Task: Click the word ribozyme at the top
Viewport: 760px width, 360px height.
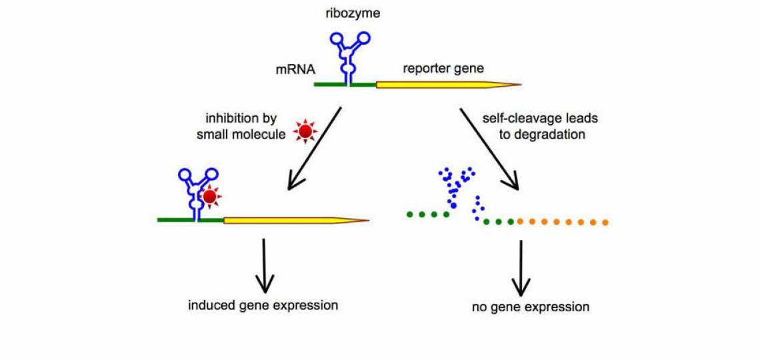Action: click(357, 13)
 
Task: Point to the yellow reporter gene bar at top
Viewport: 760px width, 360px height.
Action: click(440, 85)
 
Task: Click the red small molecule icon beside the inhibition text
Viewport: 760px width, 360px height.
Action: click(305, 133)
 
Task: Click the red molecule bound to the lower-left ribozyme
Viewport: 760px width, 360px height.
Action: click(210, 197)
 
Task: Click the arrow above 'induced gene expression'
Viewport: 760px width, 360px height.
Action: click(265, 265)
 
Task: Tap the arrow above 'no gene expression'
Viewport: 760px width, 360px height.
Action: click(521, 267)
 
